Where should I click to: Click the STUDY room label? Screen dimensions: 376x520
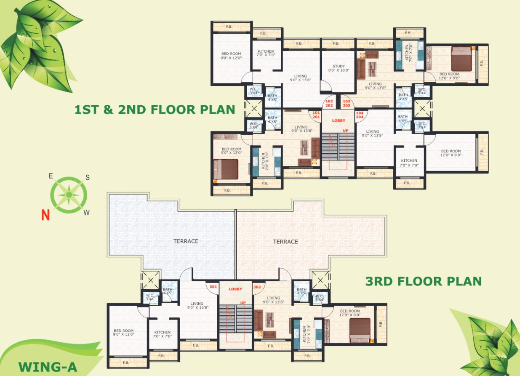tap(339, 66)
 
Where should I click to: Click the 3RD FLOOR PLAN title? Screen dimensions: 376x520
tap(423, 281)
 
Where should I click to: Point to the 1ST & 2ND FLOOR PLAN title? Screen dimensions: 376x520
tap(155, 110)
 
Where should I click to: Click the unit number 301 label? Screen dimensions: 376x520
tap(213, 287)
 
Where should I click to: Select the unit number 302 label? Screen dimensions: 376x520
tap(257, 287)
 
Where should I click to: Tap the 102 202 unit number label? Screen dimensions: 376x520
tap(329, 103)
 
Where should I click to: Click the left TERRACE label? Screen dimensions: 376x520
tap(186, 241)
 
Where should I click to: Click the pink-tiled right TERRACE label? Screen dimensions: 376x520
tap(285, 241)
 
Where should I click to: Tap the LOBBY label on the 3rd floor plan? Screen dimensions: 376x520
tap(235, 289)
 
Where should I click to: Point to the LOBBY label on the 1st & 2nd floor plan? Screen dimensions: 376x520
tap(338, 120)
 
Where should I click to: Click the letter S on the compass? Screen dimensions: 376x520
tap(88, 177)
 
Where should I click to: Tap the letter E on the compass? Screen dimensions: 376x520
tap(51, 176)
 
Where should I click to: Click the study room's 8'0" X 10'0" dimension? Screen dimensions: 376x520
tap(339, 71)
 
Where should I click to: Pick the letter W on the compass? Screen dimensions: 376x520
tap(86, 213)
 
